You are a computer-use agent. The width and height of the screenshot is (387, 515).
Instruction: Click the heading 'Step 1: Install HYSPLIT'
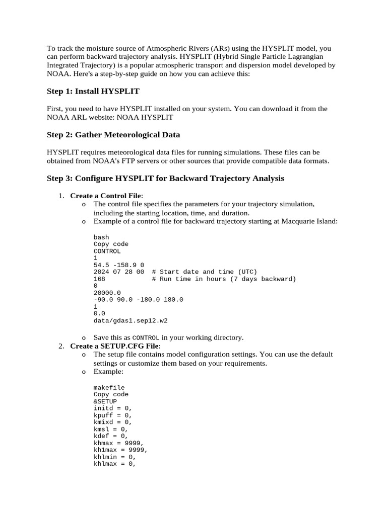(x=93, y=91)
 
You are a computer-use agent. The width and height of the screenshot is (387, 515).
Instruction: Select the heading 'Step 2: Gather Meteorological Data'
(x=113, y=135)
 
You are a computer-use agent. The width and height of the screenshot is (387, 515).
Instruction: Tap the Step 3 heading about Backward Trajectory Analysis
(x=165, y=179)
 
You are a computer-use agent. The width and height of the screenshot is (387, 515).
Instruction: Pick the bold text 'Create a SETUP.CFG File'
(x=114, y=346)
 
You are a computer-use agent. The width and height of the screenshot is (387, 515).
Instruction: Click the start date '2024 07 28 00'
(x=119, y=272)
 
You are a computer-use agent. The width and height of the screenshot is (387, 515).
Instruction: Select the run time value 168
(x=99, y=279)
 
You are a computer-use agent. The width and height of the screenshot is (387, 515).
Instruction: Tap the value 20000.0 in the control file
(x=107, y=293)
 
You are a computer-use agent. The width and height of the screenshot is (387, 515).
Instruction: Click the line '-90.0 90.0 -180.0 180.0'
(x=138, y=300)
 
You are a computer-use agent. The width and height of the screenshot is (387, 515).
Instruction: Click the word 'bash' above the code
(x=101, y=237)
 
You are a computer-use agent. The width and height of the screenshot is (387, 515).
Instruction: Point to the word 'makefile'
(x=109, y=388)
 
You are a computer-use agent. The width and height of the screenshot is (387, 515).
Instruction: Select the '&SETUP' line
(x=105, y=402)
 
